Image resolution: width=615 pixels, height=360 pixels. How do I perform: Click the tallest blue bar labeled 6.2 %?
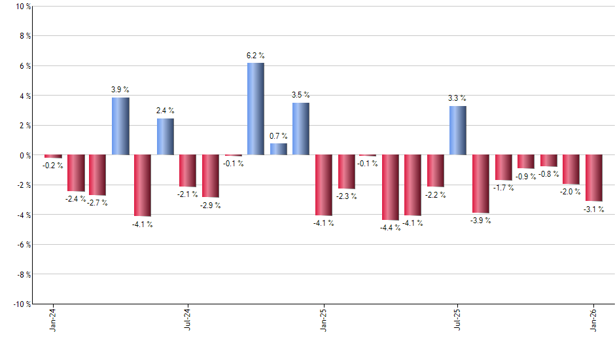tap(255, 109)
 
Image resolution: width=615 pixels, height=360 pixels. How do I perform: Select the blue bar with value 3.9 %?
tap(120, 126)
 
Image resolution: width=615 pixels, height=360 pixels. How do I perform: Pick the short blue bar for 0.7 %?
tap(278, 149)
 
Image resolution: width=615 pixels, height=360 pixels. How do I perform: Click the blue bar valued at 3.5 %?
tap(301, 129)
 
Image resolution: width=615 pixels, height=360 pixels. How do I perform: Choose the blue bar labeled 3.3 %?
tap(458, 131)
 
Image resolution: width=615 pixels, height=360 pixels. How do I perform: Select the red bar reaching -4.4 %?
tap(391, 187)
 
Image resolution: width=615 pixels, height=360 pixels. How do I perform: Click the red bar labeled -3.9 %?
tap(480, 184)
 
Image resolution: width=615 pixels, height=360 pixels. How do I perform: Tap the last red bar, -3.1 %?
tap(594, 178)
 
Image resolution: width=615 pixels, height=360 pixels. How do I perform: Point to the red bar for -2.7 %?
tap(97, 175)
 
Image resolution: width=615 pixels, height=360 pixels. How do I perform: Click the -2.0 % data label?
tap(571, 192)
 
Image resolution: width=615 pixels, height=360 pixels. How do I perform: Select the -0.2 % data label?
tap(52, 166)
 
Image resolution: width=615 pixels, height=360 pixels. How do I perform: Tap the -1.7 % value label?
tap(503, 188)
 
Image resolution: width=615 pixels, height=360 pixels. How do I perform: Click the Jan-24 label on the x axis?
tap(53, 320)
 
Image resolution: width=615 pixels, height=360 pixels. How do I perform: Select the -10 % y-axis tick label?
tap(22, 304)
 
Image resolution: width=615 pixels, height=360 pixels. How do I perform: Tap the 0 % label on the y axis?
tap(25, 156)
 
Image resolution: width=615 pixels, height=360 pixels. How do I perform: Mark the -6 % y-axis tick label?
tap(23, 245)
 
